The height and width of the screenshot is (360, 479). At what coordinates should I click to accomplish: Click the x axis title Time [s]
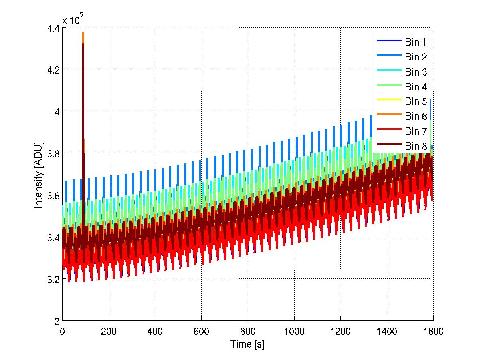[247, 344]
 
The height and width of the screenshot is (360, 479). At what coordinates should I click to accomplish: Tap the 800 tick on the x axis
[248, 332]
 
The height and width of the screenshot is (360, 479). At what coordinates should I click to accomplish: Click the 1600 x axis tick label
[433, 332]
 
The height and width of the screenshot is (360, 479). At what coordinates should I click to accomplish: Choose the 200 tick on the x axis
[109, 332]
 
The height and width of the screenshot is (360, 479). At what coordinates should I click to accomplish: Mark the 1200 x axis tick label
[340, 332]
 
